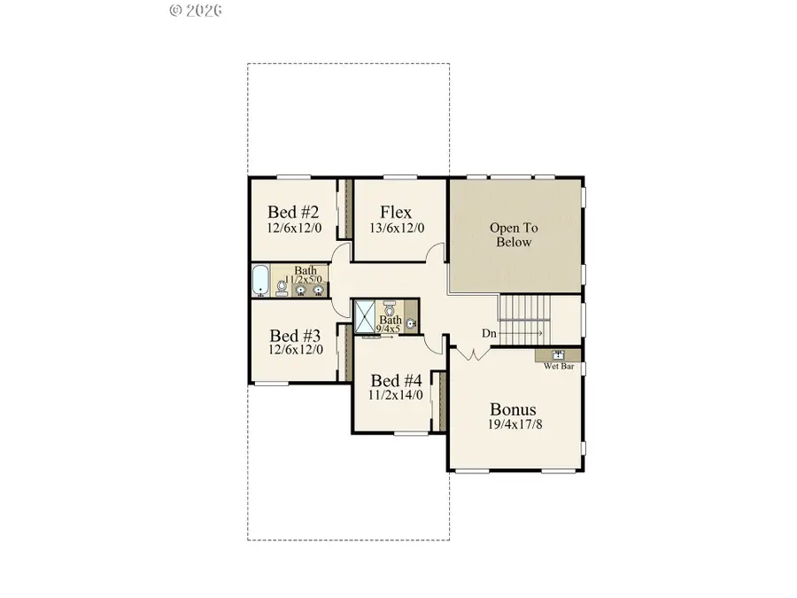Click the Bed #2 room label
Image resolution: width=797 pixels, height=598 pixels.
[293, 213]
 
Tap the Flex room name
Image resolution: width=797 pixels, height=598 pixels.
[395, 213]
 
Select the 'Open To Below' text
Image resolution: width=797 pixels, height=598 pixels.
[514, 235]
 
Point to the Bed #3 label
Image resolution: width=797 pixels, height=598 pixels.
[295, 336]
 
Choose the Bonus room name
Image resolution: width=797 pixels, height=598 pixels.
[514, 409]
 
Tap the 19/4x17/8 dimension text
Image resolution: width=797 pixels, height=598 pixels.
[514, 424]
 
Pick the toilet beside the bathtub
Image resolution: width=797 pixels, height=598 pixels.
[280, 286]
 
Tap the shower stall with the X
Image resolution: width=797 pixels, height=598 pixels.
[365, 316]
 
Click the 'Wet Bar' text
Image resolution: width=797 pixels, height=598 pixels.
[559, 365]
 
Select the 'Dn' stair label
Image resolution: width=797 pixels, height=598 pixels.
[489, 334]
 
